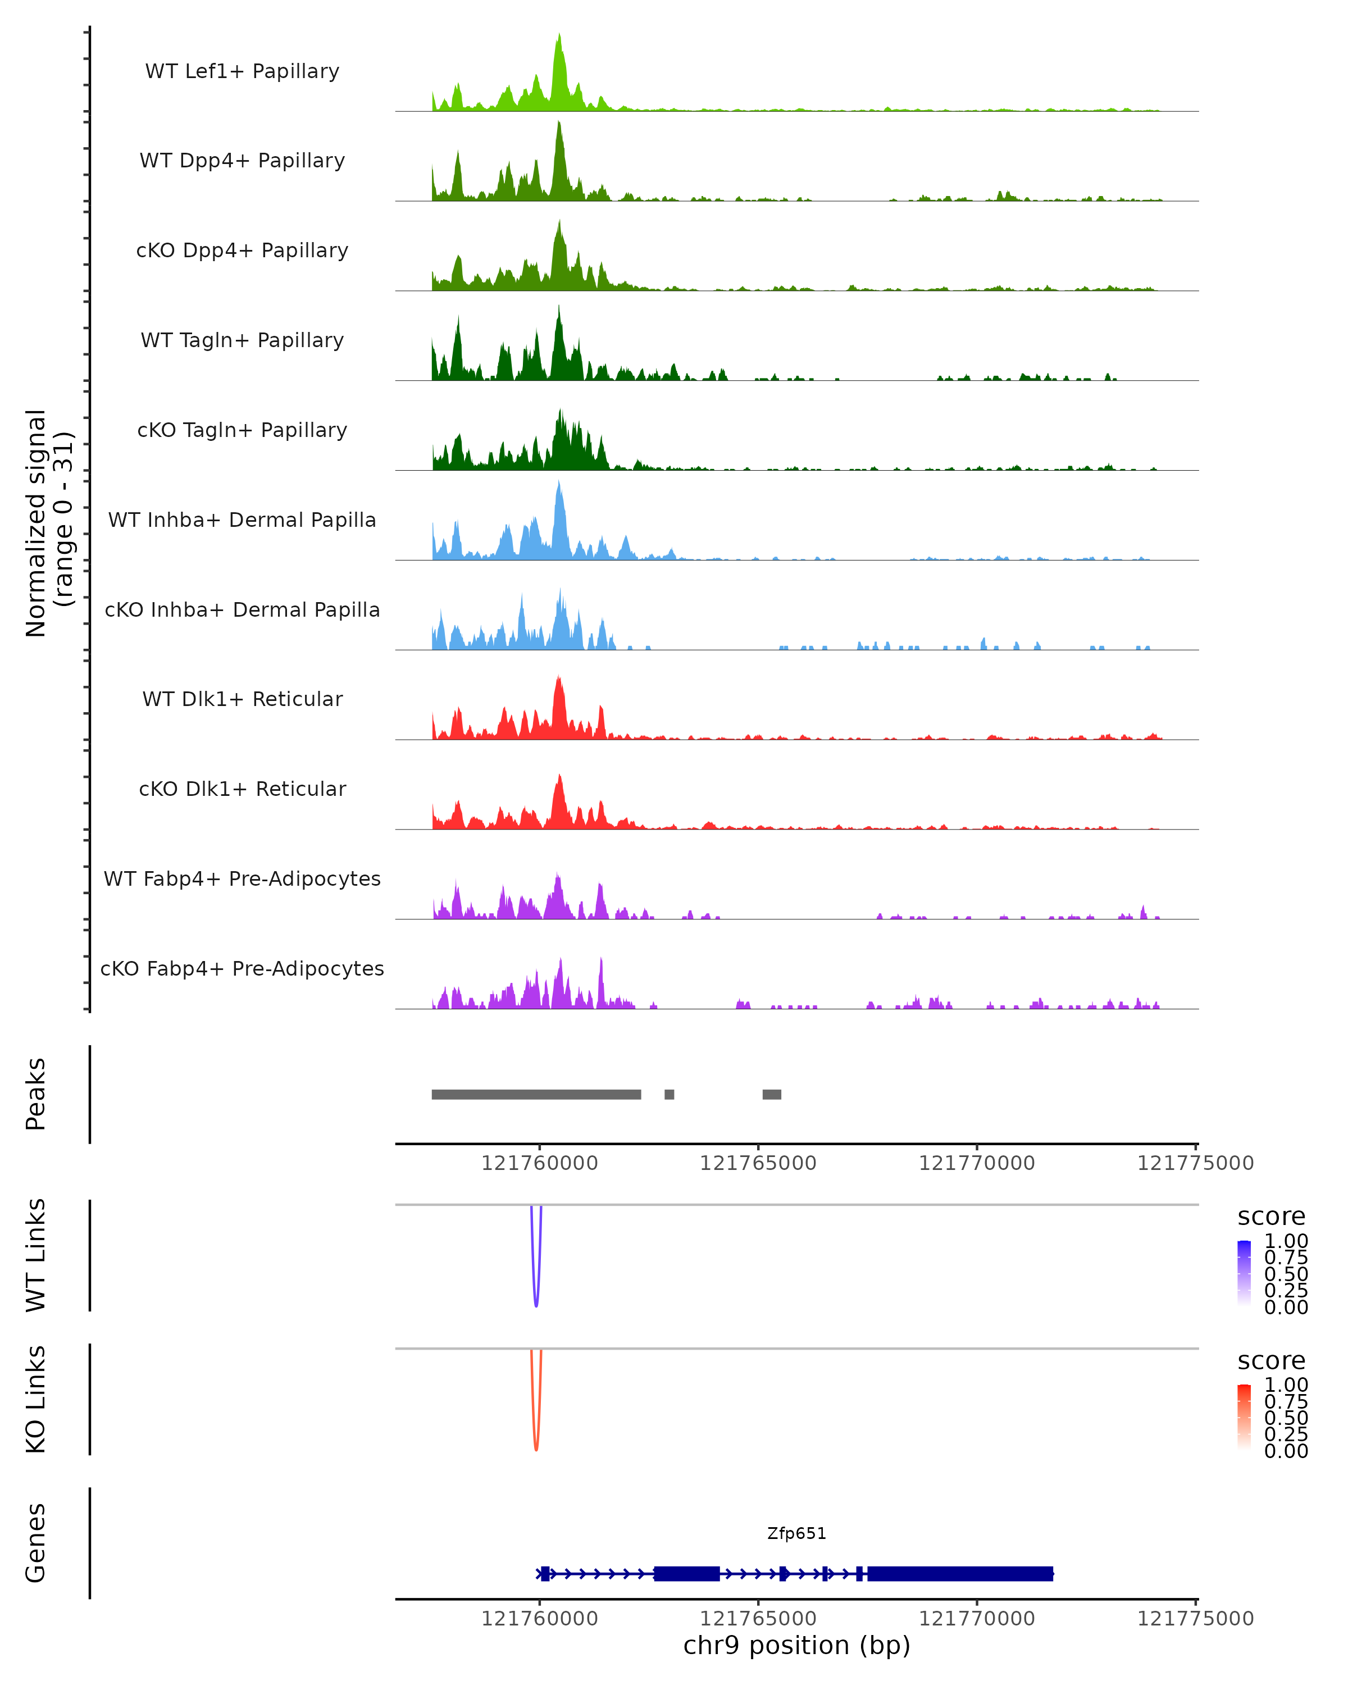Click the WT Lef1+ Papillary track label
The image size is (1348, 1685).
click(242, 71)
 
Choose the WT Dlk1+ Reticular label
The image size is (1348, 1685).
click(242, 699)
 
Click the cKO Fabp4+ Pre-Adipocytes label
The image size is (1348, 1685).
click(242, 968)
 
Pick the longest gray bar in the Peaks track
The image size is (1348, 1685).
click(536, 1094)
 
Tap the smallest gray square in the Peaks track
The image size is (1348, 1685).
click(669, 1094)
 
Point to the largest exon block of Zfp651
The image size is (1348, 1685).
click(960, 1573)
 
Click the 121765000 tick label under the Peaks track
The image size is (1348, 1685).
click(758, 1163)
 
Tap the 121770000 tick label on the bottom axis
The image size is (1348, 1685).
click(977, 1619)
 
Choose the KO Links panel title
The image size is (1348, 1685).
click(35, 1399)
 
